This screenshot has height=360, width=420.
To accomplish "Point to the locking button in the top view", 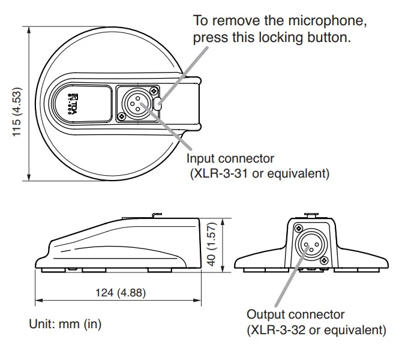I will point(158,103).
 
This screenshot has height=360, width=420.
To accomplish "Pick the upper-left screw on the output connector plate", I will point(298,228).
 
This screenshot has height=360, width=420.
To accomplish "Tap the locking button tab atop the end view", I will point(311,214).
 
